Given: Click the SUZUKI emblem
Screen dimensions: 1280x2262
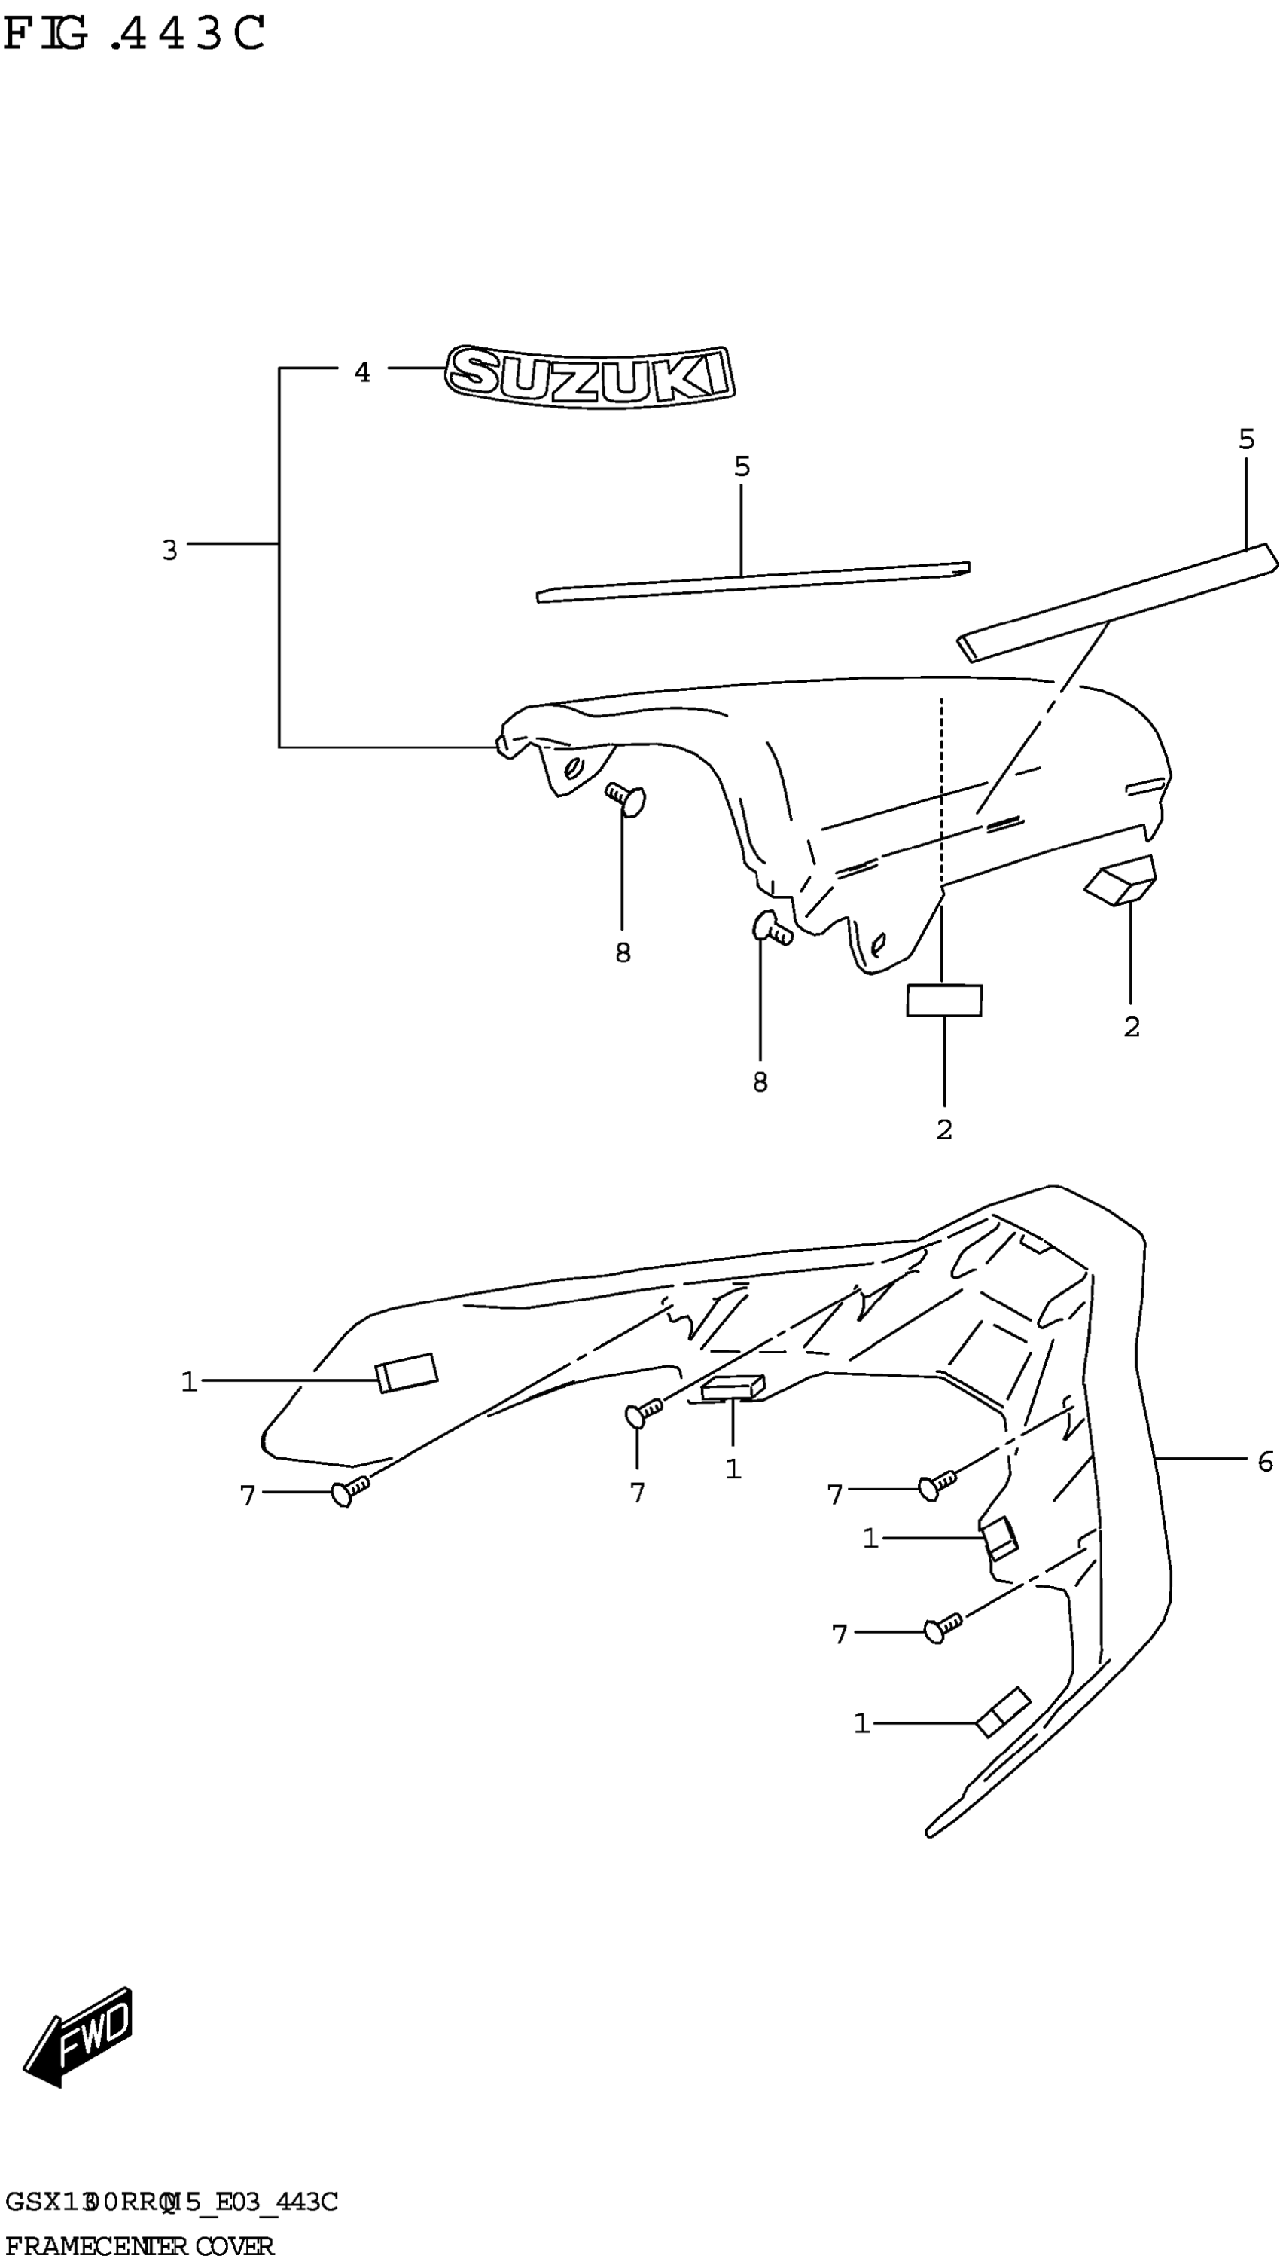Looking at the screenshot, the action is [x=589, y=377].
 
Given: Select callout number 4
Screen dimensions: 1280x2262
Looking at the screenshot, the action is [x=362, y=373].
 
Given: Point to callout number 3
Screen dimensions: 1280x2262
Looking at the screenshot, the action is [x=169, y=551].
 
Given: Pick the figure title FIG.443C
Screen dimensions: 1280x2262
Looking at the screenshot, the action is [x=133, y=35].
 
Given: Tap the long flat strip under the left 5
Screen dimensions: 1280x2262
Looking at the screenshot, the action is [x=752, y=582].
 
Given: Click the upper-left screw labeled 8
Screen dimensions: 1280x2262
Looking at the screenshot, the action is [x=626, y=799].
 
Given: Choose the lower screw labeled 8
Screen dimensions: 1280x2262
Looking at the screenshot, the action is [x=772, y=927].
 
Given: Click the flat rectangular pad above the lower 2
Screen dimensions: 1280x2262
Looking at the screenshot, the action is [x=944, y=1001].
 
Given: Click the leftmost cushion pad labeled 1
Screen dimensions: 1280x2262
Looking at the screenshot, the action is [x=406, y=1372].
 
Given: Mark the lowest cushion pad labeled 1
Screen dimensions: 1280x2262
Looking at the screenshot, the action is [x=1003, y=1713].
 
